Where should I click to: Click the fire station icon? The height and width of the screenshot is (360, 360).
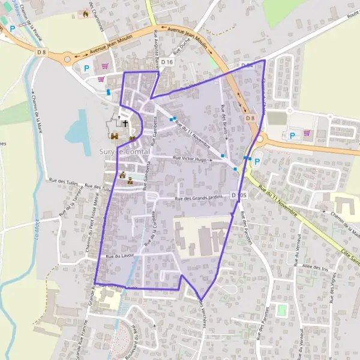coord(86,13)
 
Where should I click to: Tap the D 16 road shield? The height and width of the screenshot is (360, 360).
coord(167,62)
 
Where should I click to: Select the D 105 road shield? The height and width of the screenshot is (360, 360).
coord(240,196)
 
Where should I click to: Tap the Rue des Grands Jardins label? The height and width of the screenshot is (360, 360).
coord(199,199)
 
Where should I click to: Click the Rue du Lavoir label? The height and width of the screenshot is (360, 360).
coord(119,256)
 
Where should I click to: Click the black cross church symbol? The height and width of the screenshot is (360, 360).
coord(125,124)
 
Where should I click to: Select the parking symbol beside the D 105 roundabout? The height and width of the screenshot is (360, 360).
coord(257,161)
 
